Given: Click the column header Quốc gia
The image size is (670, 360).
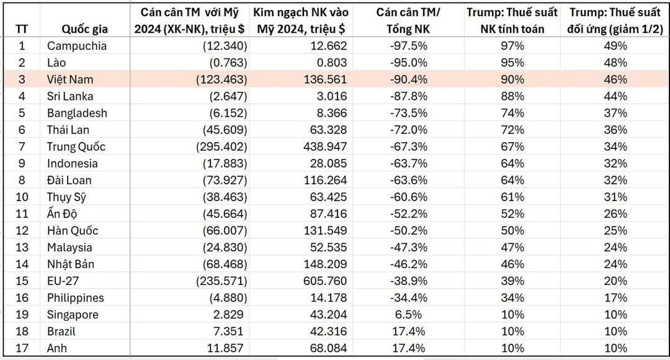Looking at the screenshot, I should coord(85,29).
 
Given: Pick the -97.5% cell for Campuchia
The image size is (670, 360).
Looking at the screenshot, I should coord(409,46).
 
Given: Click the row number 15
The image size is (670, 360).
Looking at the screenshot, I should coord(22,281).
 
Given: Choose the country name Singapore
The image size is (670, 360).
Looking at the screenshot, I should coord(73,315).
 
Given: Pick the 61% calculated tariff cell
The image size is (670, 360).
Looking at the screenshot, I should coord(512,197).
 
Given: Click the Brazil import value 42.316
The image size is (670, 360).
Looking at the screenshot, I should coord(325,331).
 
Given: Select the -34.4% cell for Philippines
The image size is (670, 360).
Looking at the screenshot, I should coord(409,298).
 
